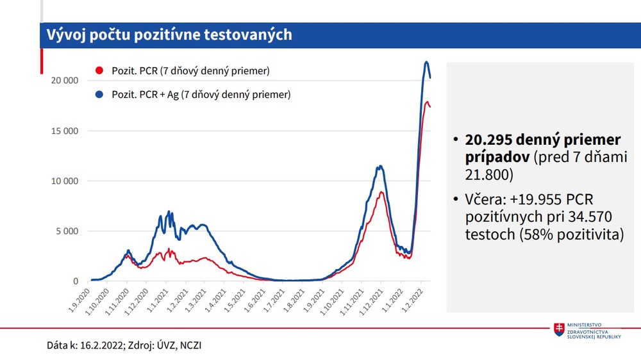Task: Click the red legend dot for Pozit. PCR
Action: tap(99, 70)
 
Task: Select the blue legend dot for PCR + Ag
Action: tap(99, 95)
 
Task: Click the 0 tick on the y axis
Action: tap(75, 281)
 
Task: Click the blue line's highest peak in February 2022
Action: tap(426, 62)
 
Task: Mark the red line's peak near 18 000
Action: tap(427, 101)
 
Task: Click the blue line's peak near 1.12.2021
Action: tap(381, 167)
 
